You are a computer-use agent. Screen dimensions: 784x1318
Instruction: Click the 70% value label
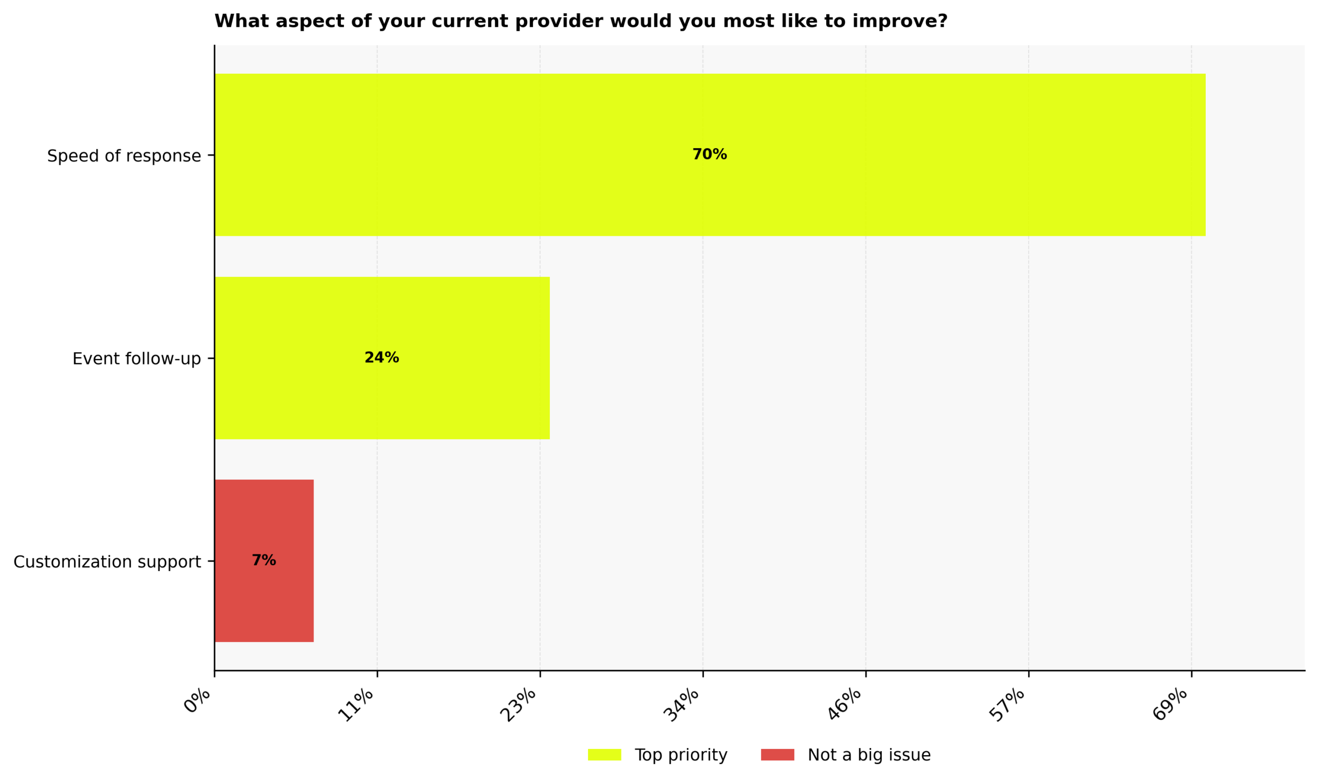[709, 155]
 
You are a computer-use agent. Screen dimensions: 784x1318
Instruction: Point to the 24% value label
[381, 358]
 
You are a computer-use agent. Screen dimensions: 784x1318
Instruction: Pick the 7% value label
[264, 561]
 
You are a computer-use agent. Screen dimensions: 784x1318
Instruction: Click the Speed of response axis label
[124, 156]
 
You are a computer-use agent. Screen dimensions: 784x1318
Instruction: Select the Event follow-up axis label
[136, 359]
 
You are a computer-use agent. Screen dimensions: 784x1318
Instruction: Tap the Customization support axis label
[107, 562]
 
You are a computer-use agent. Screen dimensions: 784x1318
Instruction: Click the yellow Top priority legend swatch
[604, 755]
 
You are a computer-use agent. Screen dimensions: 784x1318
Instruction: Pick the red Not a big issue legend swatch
[777, 755]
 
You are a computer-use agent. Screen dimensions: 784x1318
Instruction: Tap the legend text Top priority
[681, 755]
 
